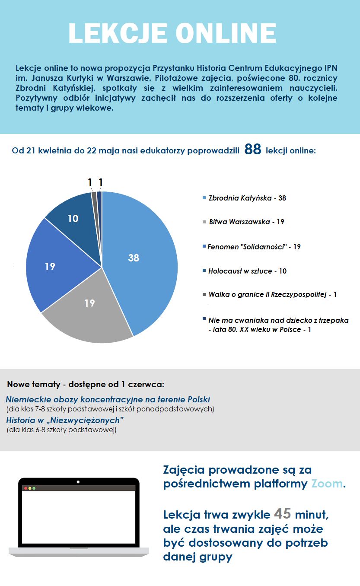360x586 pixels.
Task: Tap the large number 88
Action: (253, 150)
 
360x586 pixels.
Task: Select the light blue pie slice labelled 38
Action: (138, 259)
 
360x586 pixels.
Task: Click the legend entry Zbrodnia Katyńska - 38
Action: (247, 198)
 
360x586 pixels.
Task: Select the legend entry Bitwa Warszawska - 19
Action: (246, 222)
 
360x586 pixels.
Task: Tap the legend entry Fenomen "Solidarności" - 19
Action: (254, 247)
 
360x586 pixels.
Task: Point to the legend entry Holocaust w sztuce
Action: (247, 271)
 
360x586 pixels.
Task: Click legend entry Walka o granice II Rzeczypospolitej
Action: (272, 294)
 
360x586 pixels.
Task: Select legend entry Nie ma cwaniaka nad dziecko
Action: (278, 325)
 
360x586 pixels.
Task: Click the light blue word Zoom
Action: (327, 484)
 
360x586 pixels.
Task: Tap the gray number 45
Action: (282, 514)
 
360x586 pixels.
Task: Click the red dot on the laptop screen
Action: (25, 488)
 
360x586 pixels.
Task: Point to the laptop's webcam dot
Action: (78, 481)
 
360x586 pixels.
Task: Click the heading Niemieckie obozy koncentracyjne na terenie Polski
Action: (108, 399)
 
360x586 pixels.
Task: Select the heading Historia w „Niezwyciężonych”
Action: (65, 420)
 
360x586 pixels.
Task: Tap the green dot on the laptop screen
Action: (34, 488)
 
